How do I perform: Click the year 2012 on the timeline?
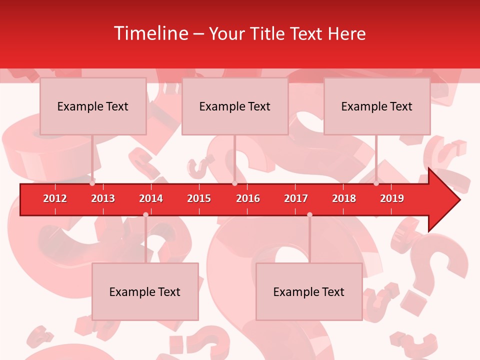pos(55,198)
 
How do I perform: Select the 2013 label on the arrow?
pos(103,198)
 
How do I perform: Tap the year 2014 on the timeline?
pos(151,198)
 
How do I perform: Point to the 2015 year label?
pos(199,198)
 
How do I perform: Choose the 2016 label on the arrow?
pos(248,198)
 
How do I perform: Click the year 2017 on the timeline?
pos(296,198)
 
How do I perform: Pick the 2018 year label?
pos(344,198)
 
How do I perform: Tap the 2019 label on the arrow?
pos(392,198)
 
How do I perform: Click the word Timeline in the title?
pos(149,33)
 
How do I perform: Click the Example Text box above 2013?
pos(93,106)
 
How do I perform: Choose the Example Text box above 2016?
pos(235,106)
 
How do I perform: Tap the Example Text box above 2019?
pos(377,106)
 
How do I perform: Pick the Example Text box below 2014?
pos(145,291)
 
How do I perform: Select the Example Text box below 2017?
pos(309,291)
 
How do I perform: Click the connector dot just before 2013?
pos(92,183)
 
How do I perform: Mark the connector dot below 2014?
pos(145,214)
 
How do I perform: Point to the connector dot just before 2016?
pos(234,183)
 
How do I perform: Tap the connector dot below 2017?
pos(309,214)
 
